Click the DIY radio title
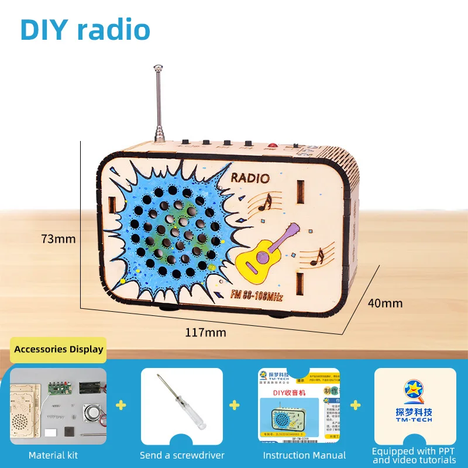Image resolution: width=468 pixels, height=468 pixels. point(85,30)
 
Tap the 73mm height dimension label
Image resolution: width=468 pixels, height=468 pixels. point(58,239)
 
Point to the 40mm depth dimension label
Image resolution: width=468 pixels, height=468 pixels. point(385,303)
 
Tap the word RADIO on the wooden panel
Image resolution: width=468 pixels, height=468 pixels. point(250,178)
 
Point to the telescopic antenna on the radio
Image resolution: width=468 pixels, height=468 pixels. point(158,105)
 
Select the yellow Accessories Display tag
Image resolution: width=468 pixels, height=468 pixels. point(58,349)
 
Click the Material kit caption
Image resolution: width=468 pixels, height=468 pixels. point(53,455)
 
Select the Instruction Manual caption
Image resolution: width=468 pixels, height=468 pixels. point(304,455)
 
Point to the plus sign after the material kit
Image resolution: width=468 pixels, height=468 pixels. point(122,405)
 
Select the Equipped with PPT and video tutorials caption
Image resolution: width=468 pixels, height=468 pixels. point(414,456)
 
